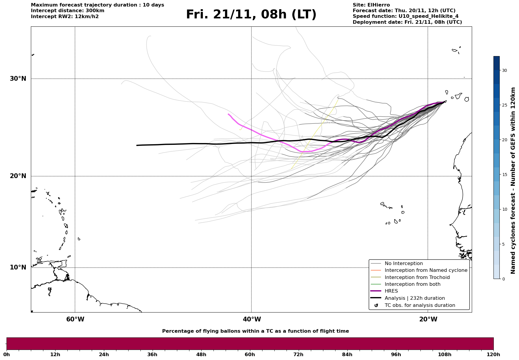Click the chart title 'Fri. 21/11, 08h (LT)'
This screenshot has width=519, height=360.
pyautogui.click(x=251, y=15)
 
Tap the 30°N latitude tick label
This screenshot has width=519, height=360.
pyautogui.click(x=18, y=79)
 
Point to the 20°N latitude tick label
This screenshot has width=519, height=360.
pyautogui.click(x=18, y=176)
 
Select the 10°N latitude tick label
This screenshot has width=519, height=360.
pyautogui.click(x=18, y=267)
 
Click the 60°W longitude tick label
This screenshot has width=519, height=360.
pyautogui.click(x=75, y=319)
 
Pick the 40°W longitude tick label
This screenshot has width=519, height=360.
pyautogui.click(x=252, y=319)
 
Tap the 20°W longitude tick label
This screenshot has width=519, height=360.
pyautogui.click(x=428, y=319)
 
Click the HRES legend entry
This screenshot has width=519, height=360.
pyautogui.click(x=391, y=291)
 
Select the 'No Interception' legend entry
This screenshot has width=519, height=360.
pyautogui.click(x=404, y=264)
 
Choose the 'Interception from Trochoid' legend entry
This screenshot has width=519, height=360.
pyautogui.click(x=417, y=277)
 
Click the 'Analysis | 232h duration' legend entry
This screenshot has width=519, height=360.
pyautogui.click(x=414, y=298)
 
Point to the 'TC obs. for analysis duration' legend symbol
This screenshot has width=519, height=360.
pyautogui.click(x=376, y=305)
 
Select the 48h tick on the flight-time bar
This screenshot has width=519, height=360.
pyautogui.click(x=201, y=354)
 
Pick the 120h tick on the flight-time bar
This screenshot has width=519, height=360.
pyautogui.click(x=493, y=354)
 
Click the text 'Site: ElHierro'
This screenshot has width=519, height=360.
pyautogui.click(x=371, y=5)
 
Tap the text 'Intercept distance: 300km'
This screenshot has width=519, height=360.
pyautogui.click(x=67, y=11)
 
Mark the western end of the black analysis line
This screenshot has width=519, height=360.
pyautogui.click(x=137, y=145)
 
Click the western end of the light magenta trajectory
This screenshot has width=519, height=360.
pyautogui.click(x=228, y=114)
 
